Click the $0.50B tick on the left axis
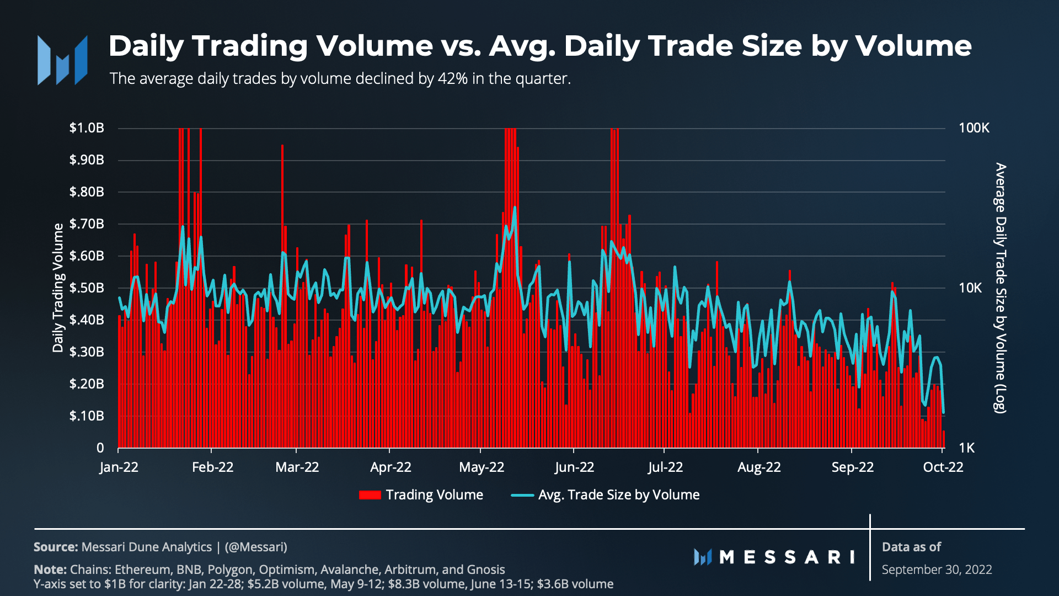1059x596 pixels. [x=87, y=288]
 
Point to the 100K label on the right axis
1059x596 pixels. [x=974, y=128]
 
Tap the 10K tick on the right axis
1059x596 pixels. [x=970, y=288]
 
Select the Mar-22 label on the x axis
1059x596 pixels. [x=297, y=467]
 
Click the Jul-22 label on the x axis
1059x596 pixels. [x=665, y=467]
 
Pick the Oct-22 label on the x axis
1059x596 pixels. [x=943, y=467]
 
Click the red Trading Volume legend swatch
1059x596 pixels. [x=370, y=495]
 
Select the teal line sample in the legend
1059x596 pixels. [x=522, y=495]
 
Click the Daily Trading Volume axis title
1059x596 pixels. [x=58, y=288]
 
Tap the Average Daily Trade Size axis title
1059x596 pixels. [x=1000, y=288]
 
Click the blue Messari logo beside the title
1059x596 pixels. [x=62, y=60]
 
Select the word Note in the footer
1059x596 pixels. [x=50, y=570]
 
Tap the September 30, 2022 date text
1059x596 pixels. [x=937, y=570]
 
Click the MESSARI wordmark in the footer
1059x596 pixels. [x=774, y=557]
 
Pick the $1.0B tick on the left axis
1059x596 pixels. [x=87, y=128]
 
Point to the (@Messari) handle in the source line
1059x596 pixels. [x=256, y=547]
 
